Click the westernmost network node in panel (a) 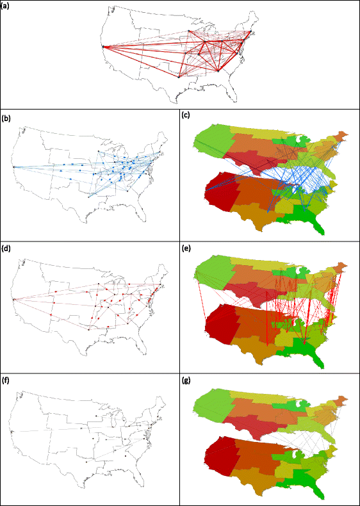(102, 46)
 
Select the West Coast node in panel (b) (13, 167)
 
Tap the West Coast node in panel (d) (13, 298)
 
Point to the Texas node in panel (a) (179, 77)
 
